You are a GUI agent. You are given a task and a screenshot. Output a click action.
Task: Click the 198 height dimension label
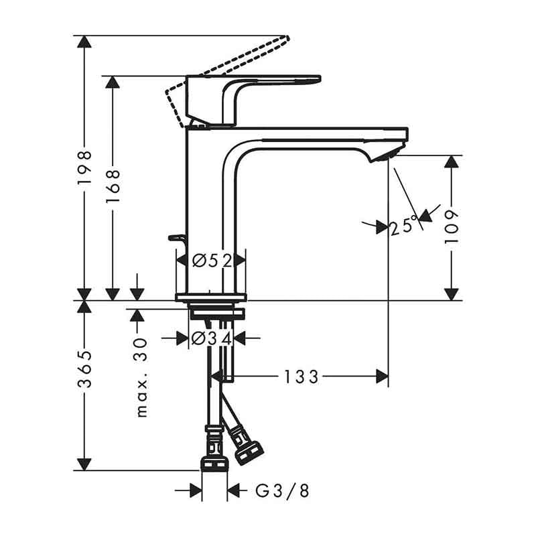point(84,167)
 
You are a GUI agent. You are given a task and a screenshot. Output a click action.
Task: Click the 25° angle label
point(404,226)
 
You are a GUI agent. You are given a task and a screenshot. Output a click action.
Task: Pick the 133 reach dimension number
point(300,377)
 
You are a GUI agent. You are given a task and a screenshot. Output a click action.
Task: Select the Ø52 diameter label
point(211,261)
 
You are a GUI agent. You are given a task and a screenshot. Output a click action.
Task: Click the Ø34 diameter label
point(212,338)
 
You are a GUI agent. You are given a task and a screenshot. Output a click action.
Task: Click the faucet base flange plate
point(210,297)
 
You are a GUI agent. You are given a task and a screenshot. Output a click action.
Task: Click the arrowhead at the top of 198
point(84,42)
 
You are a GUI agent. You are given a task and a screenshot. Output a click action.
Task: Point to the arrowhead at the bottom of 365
point(84,464)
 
